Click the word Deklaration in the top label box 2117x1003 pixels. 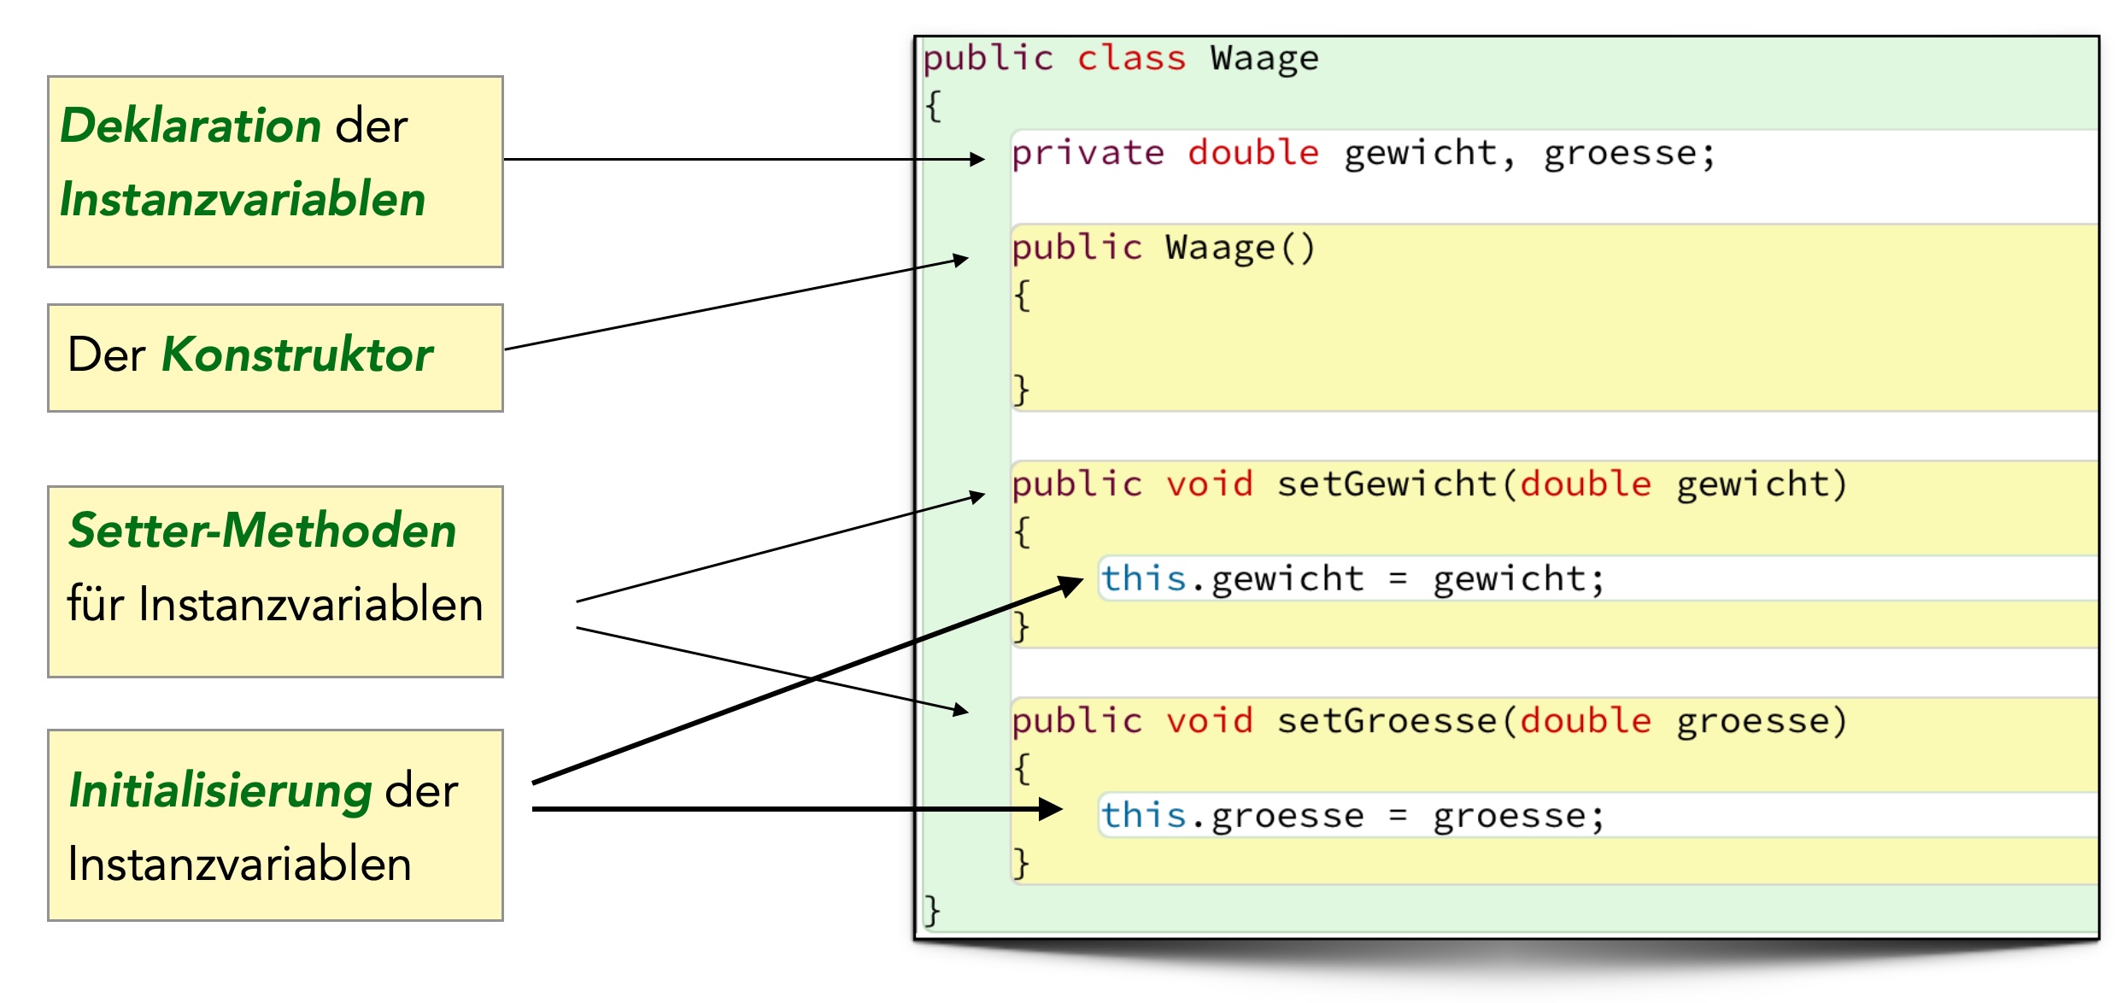[x=191, y=126]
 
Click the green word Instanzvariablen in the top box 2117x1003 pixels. [x=243, y=200]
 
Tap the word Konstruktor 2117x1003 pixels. [x=296, y=355]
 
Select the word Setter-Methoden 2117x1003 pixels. [x=262, y=531]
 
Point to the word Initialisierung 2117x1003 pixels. [x=220, y=790]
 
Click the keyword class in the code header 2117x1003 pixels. [x=1131, y=59]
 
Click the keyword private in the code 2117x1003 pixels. [x=1088, y=154]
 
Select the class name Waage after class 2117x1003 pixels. [x=1264, y=59]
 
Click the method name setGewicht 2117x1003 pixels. [x=1387, y=484]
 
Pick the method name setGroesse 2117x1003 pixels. [x=1387, y=721]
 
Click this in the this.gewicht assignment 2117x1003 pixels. [x=1143, y=578]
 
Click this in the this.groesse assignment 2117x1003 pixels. [x=1143, y=815]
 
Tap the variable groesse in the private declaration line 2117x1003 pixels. [x=1619, y=154]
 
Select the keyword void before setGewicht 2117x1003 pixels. [x=1209, y=484]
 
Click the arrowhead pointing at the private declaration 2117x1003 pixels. [x=977, y=159]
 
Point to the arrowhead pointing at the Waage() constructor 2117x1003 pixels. [x=961, y=259]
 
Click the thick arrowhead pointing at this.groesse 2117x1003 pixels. [x=1051, y=808]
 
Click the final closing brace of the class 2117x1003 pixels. [x=932, y=910]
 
